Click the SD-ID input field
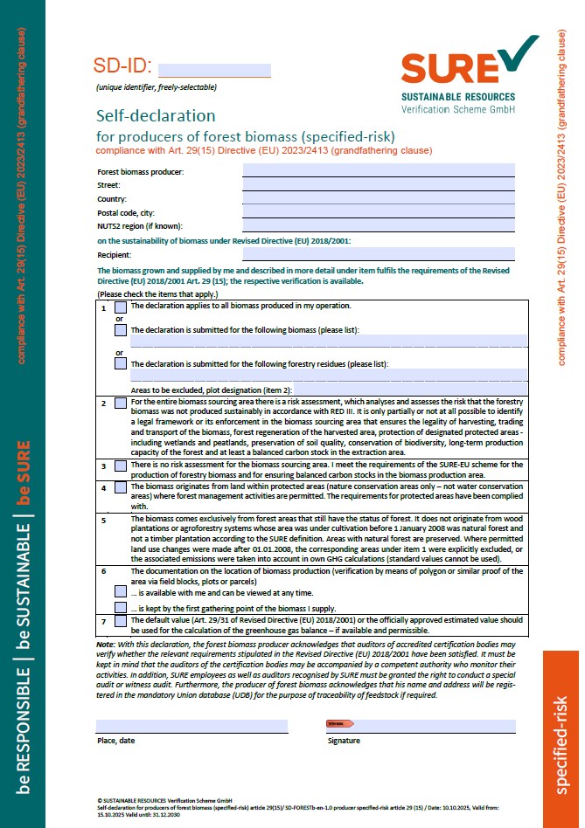tap(214, 70)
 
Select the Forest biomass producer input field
tap(378, 171)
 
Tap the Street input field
tap(378, 185)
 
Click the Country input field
tap(378, 199)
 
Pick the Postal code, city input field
tap(378, 212)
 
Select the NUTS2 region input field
tap(378, 226)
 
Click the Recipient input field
tap(378, 254)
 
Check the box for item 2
tap(121, 403)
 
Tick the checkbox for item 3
tap(121, 466)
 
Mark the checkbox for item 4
tap(121, 487)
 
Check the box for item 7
tap(121, 621)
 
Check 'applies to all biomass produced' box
tap(121, 307)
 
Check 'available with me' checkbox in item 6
tap(121, 591)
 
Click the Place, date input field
tap(192, 726)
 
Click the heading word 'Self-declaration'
tap(156, 116)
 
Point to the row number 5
tap(103, 520)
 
